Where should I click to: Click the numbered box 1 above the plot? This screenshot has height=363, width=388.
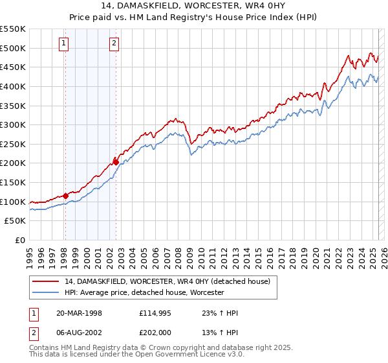(65, 43)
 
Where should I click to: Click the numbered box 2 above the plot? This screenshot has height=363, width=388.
(114, 43)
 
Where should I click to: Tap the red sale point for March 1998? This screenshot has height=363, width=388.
(66, 196)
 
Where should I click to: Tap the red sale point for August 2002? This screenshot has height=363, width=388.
(116, 162)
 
